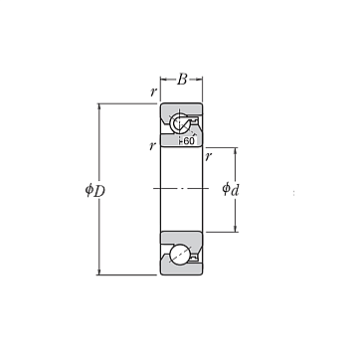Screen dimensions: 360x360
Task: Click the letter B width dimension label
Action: coord(182,80)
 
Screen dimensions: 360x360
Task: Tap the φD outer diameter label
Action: coord(95,190)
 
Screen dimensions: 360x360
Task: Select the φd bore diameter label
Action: coord(231,190)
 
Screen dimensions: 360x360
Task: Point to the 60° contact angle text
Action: coord(189,141)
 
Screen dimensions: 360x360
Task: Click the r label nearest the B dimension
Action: coord(153,91)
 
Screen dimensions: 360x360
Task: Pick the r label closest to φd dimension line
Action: coord(208,156)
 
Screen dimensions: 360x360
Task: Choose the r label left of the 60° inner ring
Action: coord(152,145)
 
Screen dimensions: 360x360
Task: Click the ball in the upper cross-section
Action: coord(179,123)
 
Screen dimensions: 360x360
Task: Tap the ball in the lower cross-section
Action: coord(180,255)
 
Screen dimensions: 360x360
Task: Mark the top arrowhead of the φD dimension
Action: coord(98,106)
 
